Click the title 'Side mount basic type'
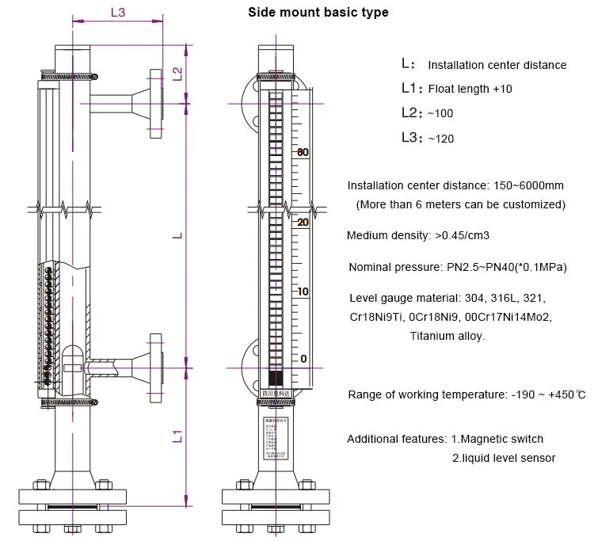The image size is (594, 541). (318, 13)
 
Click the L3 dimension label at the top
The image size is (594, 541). (118, 13)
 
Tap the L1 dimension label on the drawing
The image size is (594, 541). (178, 436)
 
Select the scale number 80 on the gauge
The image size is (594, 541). (302, 152)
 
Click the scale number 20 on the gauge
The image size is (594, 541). (302, 223)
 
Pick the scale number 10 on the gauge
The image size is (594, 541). (302, 291)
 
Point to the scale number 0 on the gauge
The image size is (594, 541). (303, 359)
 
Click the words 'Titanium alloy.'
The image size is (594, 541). (447, 336)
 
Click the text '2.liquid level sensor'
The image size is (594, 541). (504, 458)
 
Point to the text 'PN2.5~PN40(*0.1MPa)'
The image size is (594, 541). (501, 267)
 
